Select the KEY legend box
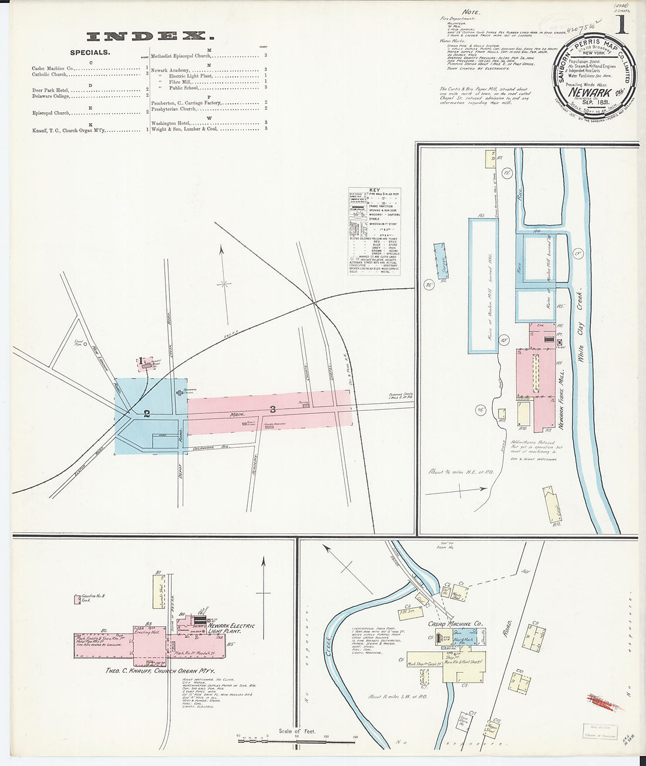tap(374, 231)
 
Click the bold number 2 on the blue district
tap(147, 413)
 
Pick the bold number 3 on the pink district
tap(272, 409)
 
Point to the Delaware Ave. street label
tap(211, 449)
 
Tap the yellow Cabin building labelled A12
tap(555, 505)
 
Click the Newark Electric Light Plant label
tap(231, 629)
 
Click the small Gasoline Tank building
tap(77, 599)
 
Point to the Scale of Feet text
tap(297, 731)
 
